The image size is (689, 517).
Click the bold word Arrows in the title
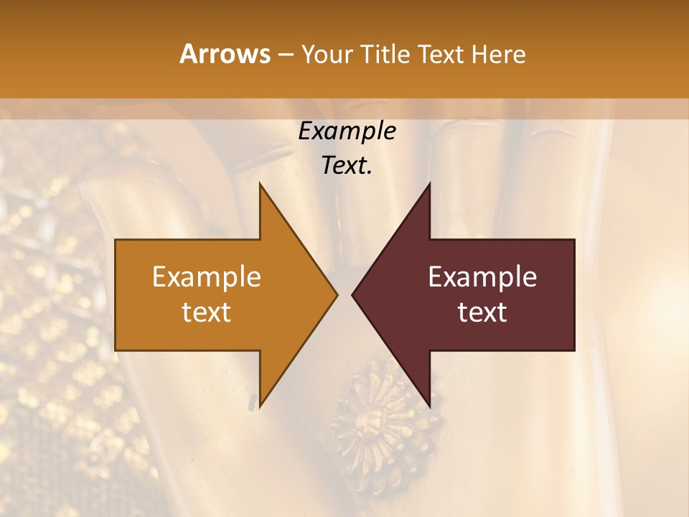(225, 54)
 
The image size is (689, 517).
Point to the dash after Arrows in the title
(285, 55)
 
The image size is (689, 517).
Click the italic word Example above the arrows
(347, 131)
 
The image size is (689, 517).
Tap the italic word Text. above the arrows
(347, 166)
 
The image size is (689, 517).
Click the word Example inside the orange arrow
(207, 277)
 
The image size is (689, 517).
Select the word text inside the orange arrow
(207, 312)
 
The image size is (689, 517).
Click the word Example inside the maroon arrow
(482, 277)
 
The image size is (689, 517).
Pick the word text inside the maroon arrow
(482, 312)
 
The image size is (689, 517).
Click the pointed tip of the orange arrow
(336, 294)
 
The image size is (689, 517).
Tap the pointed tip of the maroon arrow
(354, 294)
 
